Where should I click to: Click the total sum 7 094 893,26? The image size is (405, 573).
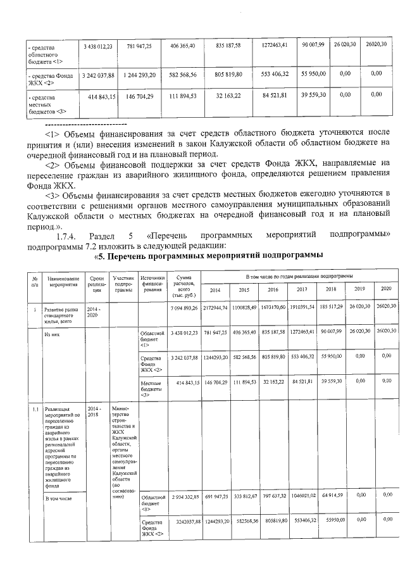[185, 307]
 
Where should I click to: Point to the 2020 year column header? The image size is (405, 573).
[385, 289]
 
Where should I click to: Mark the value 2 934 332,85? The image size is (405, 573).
[185, 496]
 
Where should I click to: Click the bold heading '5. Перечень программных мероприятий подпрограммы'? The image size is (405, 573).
[209, 255]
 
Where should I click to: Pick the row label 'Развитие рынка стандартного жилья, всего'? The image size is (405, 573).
[61, 313]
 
